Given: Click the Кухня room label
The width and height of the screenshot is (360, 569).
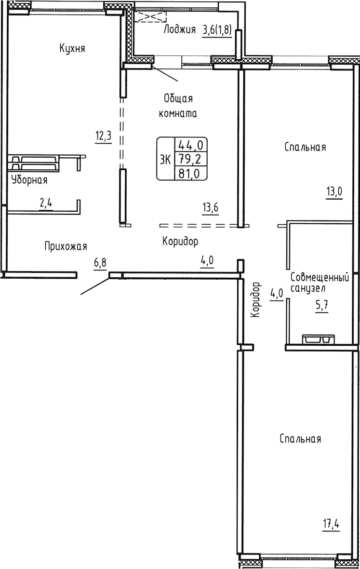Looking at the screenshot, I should click(x=72, y=48).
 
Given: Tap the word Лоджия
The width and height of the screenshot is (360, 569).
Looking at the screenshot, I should click(x=179, y=30).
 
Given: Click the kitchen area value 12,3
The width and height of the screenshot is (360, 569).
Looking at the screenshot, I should click(x=103, y=135).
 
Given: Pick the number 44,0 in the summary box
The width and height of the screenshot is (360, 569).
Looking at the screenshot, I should click(x=190, y=144).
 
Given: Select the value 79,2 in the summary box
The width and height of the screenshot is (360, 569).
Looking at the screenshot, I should click(x=190, y=158).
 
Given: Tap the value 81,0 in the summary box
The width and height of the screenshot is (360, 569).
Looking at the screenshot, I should click(x=190, y=172).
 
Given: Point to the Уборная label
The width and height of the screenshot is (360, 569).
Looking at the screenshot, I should click(x=29, y=180).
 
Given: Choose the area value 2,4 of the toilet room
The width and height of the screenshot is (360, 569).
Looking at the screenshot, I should click(x=46, y=203).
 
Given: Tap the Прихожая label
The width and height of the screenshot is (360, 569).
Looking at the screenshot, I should click(x=66, y=246).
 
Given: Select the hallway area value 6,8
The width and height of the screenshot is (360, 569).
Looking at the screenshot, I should click(x=100, y=263).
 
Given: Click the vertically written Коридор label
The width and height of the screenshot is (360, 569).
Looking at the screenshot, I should click(x=256, y=299).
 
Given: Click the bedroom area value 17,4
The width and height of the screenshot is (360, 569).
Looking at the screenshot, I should click(x=330, y=523).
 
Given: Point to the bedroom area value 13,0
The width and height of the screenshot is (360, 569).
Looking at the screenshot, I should click(x=334, y=191).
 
